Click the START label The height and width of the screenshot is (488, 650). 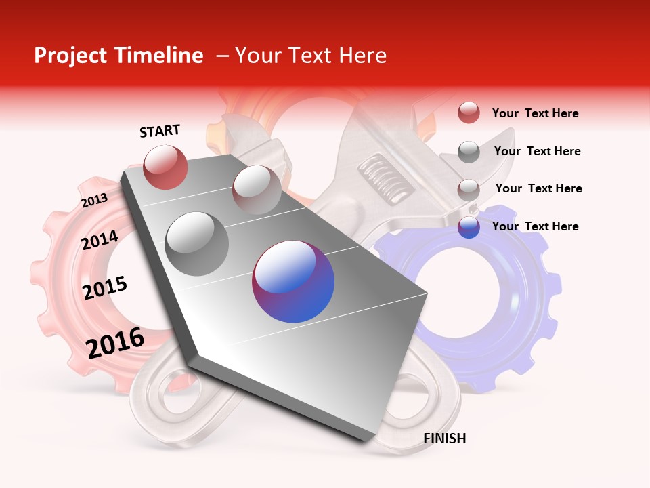160,131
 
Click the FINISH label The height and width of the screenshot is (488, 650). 444,439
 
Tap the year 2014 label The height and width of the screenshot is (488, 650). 100,240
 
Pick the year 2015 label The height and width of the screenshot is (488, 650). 105,288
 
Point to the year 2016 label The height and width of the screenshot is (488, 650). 115,342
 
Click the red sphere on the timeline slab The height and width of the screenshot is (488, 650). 165,167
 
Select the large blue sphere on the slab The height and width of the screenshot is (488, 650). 293,282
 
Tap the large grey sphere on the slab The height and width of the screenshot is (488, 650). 197,243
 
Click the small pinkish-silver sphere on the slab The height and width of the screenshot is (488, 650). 257,190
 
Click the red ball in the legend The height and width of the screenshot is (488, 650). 469,113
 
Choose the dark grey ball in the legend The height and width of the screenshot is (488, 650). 469,152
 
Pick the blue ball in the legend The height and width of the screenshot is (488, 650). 469,227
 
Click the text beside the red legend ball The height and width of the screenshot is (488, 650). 535,114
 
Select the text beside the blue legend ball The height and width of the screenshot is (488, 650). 535,226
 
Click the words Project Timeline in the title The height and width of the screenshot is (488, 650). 118,56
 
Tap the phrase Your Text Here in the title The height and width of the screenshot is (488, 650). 310,56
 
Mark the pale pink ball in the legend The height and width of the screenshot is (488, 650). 469,189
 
